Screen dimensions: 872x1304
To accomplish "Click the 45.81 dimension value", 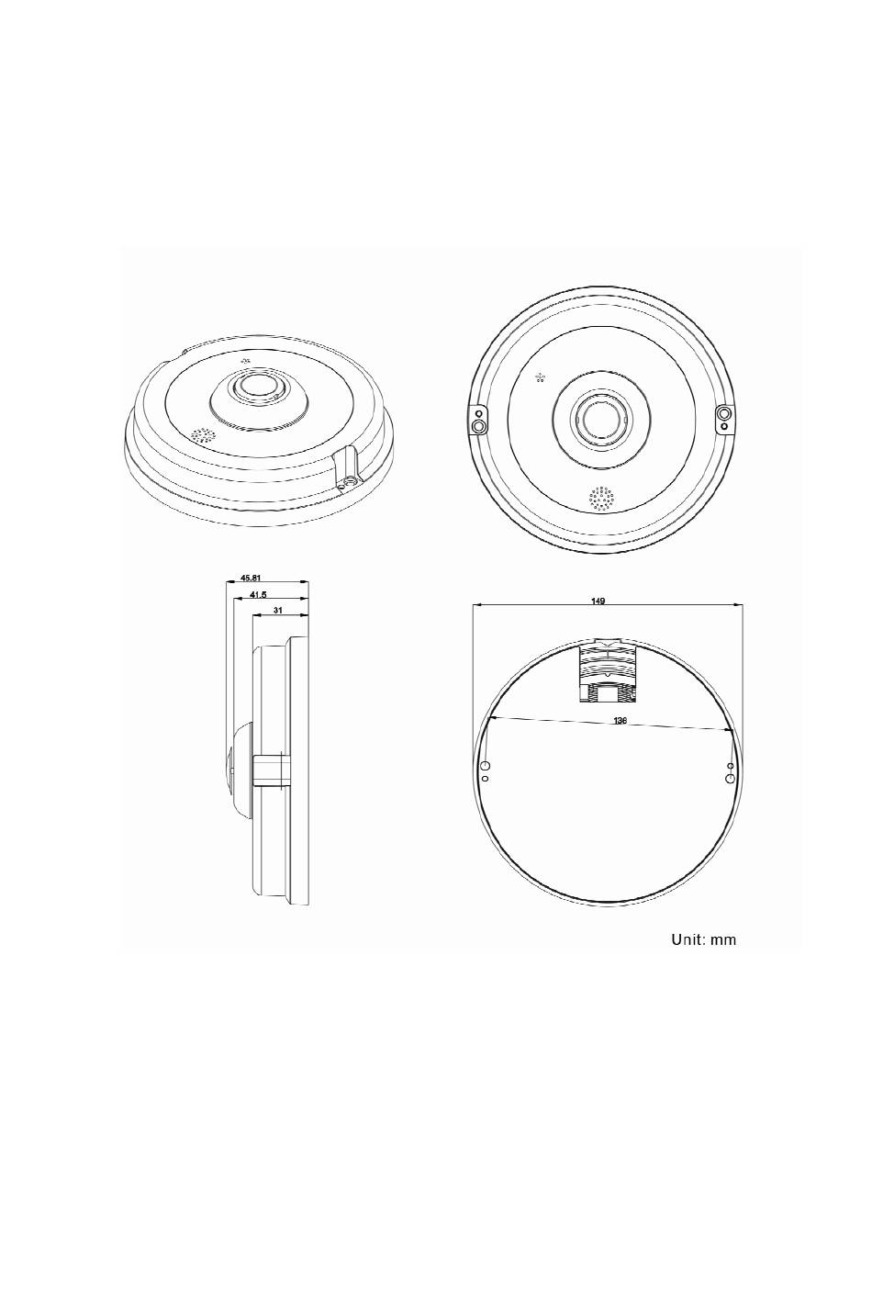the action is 251,578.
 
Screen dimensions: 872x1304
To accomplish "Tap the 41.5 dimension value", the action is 258,594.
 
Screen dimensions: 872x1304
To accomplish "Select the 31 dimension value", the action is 277,610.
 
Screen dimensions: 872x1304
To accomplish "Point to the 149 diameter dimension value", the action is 598,601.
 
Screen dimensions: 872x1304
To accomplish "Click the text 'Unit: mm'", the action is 703,939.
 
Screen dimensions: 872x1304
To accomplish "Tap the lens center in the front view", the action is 598,419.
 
